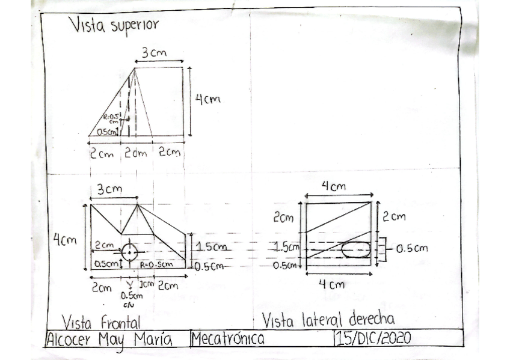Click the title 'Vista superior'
[x=113, y=26]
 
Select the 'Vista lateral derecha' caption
[x=328, y=319]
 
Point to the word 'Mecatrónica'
[x=228, y=339]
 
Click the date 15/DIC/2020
[x=373, y=338]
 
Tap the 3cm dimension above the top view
[x=153, y=53]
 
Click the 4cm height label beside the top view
[x=207, y=100]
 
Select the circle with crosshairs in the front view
[x=130, y=252]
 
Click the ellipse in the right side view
[x=356, y=249]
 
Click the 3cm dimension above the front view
[x=109, y=189]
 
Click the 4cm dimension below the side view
[x=333, y=284]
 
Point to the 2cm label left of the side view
[x=283, y=218]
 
